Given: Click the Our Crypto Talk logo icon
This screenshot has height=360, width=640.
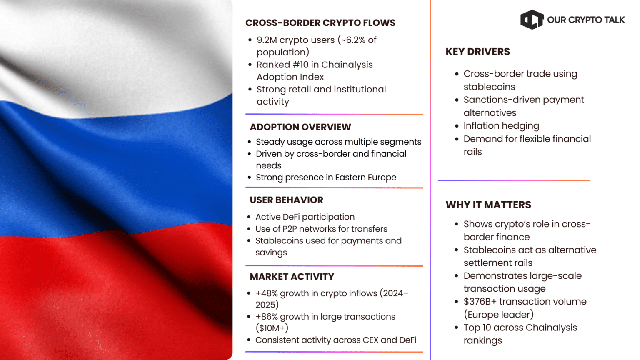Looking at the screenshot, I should pyautogui.click(x=532, y=20).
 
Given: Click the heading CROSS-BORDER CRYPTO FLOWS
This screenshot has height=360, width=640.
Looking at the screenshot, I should pyautogui.click(x=320, y=23).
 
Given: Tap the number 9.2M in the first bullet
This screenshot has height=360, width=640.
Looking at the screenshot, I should pyautogui.click(x=266, y=40).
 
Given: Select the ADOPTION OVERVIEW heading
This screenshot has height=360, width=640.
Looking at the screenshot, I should pyautogui.click(x=300, y=127).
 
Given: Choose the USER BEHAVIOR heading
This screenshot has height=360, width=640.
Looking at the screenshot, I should pyautogui.click(x=286, y=200).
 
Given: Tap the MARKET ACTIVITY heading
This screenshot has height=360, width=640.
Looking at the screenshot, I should pyautogui.click(x=292, y=277).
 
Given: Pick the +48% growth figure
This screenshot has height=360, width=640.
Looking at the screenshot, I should pyautogui.click(x=266, y=293).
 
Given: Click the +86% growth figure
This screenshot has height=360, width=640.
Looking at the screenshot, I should pyautogui.click(x=266, y=317).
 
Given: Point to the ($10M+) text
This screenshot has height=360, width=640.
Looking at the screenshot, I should pyautogui.click(x=272, y=328).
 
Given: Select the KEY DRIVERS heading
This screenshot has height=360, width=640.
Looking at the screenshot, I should pyautogui.click(x=477, y=52).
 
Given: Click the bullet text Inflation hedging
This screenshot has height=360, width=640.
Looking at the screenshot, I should pyautogui.click(x=501, y=126).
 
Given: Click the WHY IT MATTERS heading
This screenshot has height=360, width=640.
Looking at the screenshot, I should pyautogui.click(x=488, y=205).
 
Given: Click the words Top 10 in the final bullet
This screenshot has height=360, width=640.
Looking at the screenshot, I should pyautogui.click(x=477, y=327).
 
